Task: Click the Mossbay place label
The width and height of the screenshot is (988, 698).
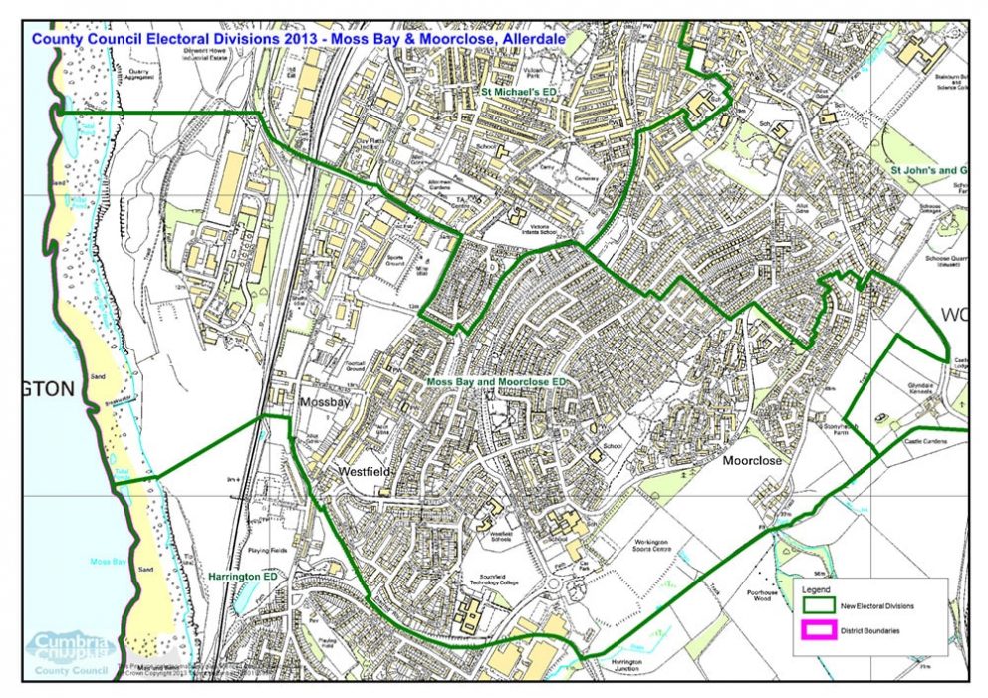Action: tap(322, 404)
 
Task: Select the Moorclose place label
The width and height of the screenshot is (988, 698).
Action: tap(754, 462)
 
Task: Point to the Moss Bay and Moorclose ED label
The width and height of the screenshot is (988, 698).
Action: tap(496, 382)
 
